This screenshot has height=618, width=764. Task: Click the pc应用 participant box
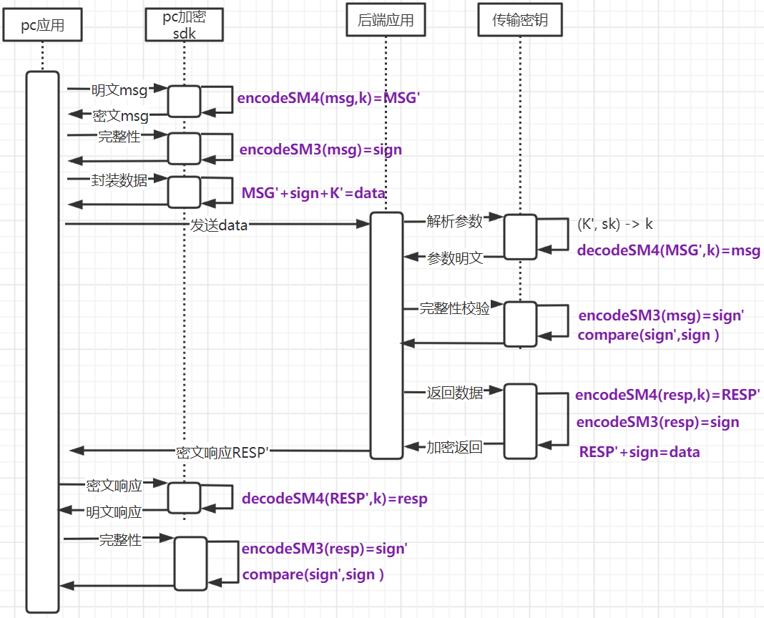(x=42, y=26)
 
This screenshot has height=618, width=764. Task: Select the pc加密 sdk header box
(x=184, y=24)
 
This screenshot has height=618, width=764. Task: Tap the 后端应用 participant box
(x=385, y=21)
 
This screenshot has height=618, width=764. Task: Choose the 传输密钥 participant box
(x=520, y=21)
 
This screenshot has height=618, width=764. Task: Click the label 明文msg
(x=119, y=90)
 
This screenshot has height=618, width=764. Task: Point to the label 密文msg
(x=120, y=116)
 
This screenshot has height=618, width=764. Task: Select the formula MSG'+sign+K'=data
(x=313, y=193)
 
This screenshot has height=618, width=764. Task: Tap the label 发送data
(x=219, y=225)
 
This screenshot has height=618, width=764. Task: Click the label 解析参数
(x=454, y=221)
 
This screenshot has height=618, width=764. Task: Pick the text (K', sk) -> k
(x=615, y=224)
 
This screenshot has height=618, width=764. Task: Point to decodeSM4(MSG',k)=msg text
(x=668, y=250)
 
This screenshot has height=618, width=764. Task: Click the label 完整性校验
(x=454, y=308)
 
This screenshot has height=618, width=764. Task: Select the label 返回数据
(x=454, y=393)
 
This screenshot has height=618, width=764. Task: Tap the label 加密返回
(x=454, y=448)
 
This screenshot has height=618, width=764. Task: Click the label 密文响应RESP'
(x=222, y=452)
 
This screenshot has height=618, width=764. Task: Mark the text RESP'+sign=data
(x=639, y=452)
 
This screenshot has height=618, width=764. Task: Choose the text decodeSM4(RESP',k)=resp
(x=334, y=499)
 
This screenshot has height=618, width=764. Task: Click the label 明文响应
(x=114, y=512)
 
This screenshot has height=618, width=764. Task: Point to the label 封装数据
(x=119, y=180)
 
